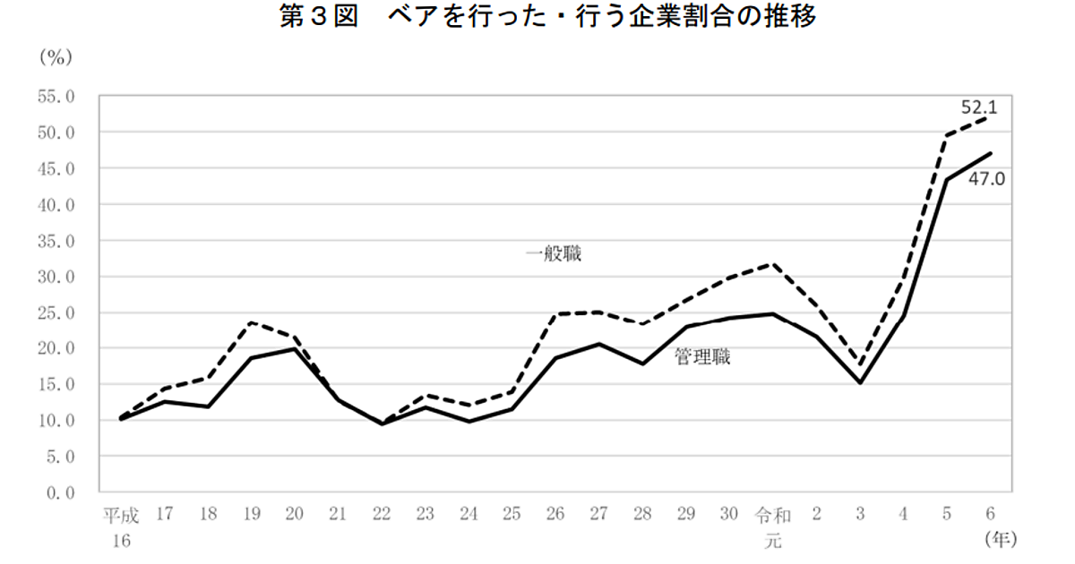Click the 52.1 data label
coord(979,107)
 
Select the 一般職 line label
coord(554,254)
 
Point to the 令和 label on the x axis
coord(772,515)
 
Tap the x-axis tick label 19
coord(251,515)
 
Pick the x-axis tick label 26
coord(555,515)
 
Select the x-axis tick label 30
coord(728,515)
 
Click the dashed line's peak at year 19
coord(251,322)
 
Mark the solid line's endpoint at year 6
coord(990,153)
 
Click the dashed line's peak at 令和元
coord(772,264)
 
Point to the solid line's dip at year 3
coord(860,382)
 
